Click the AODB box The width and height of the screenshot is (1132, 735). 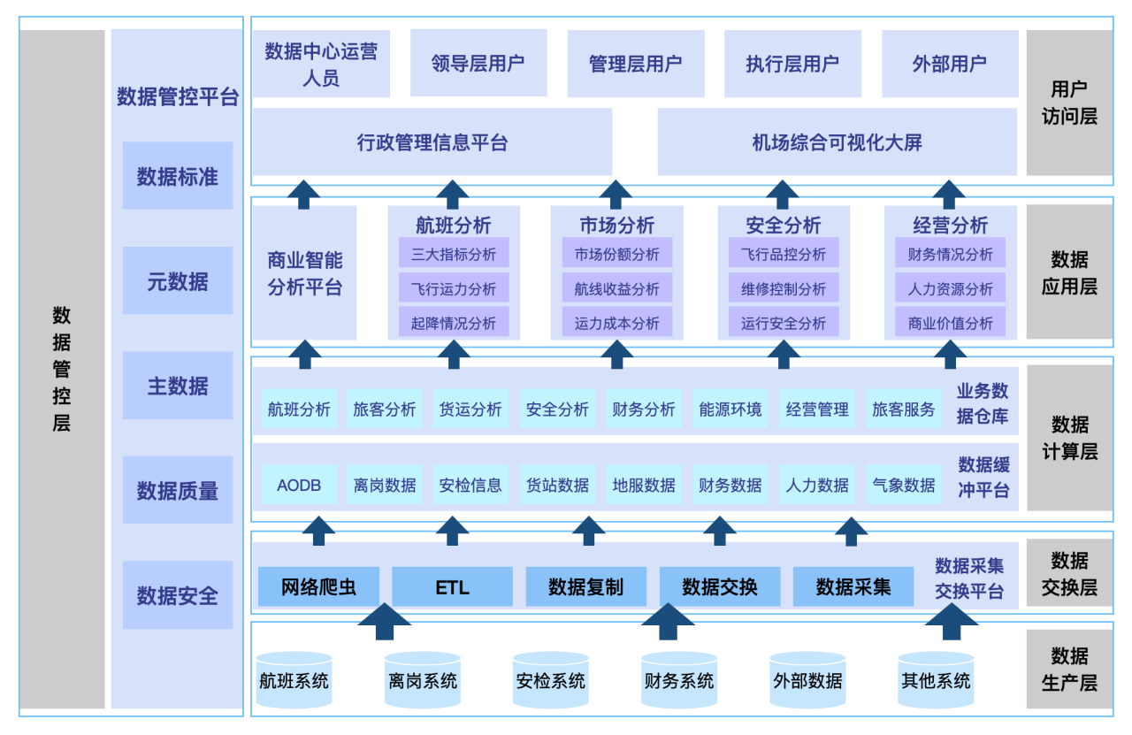pyautogui.click(x=299, y=485)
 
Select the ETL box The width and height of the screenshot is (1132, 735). pyautogui.click(x=452, y=587)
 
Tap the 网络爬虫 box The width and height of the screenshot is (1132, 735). pyautogui.click(x=318, y=587)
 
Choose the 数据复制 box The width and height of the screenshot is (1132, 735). pyautogui.click(x=585, y=587)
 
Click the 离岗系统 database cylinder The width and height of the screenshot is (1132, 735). pyautogui.click(x=423, y=681)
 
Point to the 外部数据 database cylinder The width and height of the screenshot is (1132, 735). pyautogui.click(x=807, y=681)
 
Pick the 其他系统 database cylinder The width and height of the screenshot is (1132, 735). pyautogui.click(x=936, y=681)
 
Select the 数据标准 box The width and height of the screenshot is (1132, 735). pyautogui.click(x=178, y=176)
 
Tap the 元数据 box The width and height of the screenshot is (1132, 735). pyautogui.click(x=178, y=281)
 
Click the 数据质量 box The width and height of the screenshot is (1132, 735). pyautogui.click(x=178, y=491)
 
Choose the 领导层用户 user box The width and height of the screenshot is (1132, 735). pyautogui.click(x=478, y=64)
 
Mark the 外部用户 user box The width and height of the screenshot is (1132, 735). pyautogui.click(x=950, y=64)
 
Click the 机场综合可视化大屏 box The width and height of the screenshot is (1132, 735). pyautogui.click(x=838, y=142)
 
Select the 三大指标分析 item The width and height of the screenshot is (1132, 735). pyautogui.click(x=454, y=255)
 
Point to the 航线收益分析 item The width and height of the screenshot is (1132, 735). pyautogui.click(x=616, y=288)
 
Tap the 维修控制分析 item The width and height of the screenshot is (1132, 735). pyautogui.click(x=784, y=288)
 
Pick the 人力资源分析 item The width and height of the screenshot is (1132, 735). pyautogui.click(x=950, y=288)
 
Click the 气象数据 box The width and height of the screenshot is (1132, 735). pyautogui.click(x=903, y=485)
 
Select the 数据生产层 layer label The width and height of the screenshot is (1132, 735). pyautogui.click(x=1069, y=669)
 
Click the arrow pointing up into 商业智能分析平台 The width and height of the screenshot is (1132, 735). pyautogui.click(x=304, y=352)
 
